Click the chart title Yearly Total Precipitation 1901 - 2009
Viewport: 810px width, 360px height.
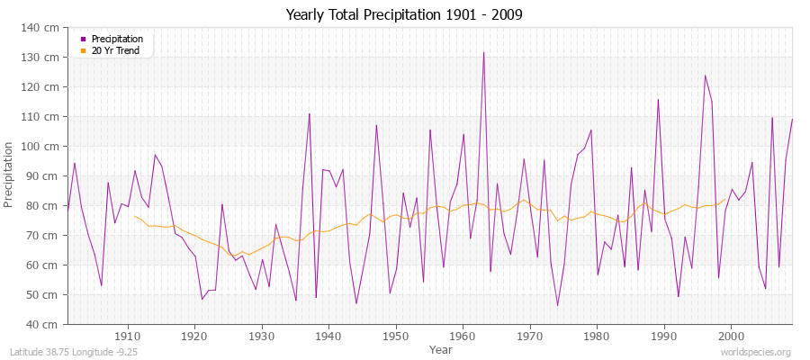(x=404, y=15)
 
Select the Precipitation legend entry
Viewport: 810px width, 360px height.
(x=111, y=39)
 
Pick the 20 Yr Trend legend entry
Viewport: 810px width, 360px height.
(x=111, y=50)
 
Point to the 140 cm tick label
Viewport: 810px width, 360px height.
(x=43, y=28)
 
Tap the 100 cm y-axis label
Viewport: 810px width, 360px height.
(x=43, y=147)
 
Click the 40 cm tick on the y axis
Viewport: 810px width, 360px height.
(x=46, y=325)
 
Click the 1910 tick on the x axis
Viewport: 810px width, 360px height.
(x=128, y=337)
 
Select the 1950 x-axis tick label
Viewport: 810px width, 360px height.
(x=396, y=337)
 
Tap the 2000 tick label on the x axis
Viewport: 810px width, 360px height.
(x=731, y=337)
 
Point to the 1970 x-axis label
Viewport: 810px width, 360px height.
(x=530, y=337)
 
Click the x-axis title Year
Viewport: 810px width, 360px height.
(x=441, y=349)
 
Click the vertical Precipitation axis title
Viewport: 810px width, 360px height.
(x=10, y=175)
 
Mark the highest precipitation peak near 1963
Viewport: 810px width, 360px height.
(x=483, y=52)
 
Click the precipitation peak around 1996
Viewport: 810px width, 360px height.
(x=705, y=76)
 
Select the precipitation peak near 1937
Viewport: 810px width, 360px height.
(x=310, y=113)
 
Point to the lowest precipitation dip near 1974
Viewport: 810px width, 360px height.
(x=557, y=306)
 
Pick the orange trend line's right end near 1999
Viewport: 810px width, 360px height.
(x=724, y=200)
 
